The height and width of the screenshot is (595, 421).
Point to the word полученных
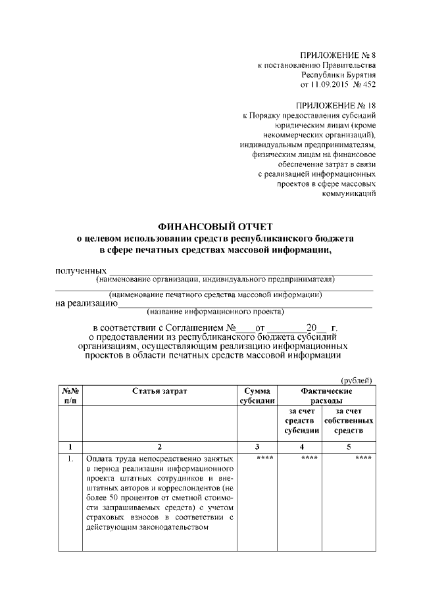[80, 270]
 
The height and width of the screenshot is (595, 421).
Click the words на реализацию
[86, 303]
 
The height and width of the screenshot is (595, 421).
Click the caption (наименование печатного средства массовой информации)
[215, 295]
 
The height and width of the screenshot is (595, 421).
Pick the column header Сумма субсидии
[257, 395]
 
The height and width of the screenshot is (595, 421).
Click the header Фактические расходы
[326, 395]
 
